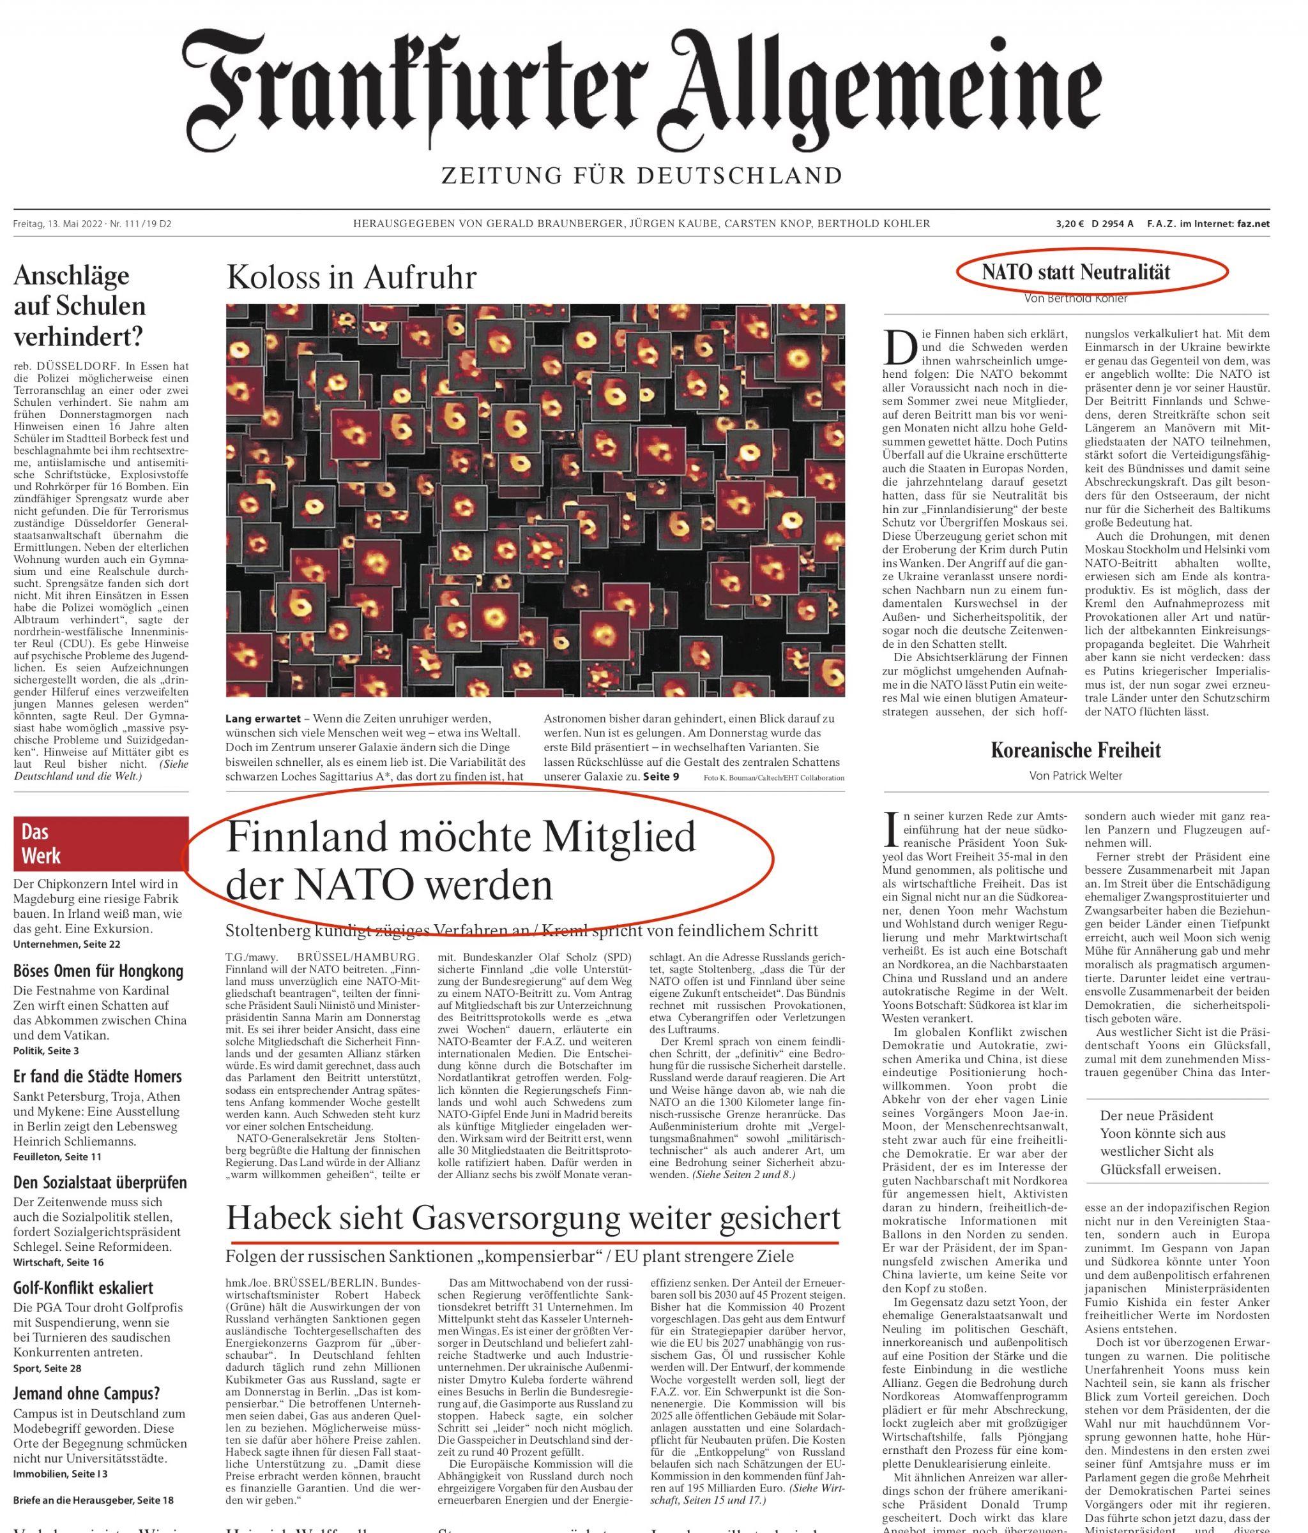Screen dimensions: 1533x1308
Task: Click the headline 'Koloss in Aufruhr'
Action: pyautogui.click(x=351, y=278)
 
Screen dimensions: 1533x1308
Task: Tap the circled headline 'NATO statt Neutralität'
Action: pyautogui.click(x=1076, y=271)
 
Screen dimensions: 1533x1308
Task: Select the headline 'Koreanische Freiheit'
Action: pyautogui.click(x=1076, y=750)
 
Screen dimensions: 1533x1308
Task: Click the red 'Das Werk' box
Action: pyautogui.click(x=101, y=844)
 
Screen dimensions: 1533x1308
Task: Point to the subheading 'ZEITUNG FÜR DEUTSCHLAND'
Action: pyautogui.click(x=641, y=176)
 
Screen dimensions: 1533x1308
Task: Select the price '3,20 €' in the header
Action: pyautogui.click(x=1069, y=223)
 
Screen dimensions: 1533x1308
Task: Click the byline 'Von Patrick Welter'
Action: pyautogui.click(x=1076, y=776)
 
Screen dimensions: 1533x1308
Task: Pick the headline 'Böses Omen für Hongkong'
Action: pyautogui.click(x=98, y=971)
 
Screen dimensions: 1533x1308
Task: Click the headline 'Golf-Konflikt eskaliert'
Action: pyautogui.click(x=83, y=1287)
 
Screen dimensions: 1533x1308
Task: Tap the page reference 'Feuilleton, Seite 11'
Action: pyautogui.click(x=57, y=1156)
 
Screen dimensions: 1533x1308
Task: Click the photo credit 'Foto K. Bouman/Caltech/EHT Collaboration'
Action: pyautogui.click(x=773, y=777)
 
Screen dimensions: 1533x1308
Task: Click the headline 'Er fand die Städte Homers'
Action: pyautogui.click(x=97, y=1077)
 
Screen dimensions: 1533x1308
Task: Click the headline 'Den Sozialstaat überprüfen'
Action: pyautogui.click(x=100, y=1183)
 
